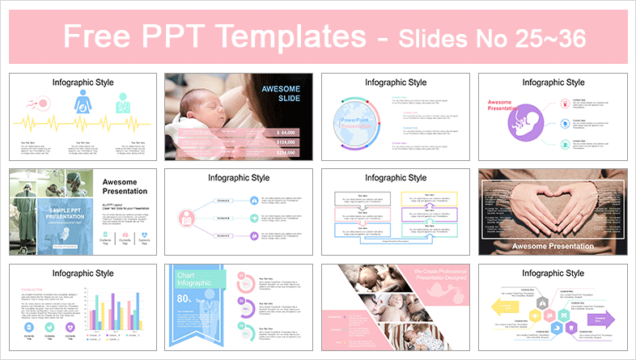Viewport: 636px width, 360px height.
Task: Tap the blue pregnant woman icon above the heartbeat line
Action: point(82,104)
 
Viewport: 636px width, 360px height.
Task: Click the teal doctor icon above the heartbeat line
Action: point(122,104)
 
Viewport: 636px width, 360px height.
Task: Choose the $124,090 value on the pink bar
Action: point(287,142)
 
